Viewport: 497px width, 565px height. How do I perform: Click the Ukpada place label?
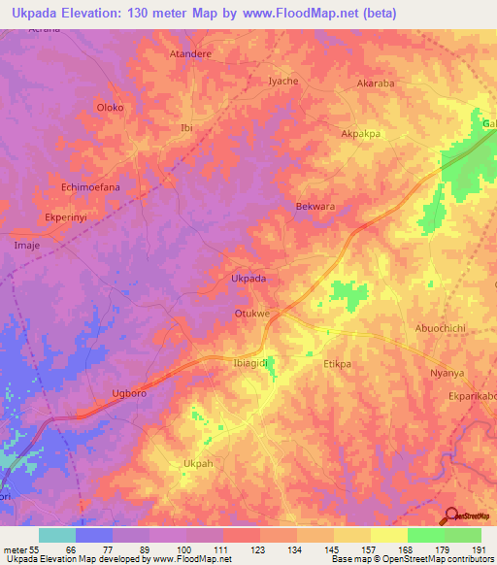tap(248, 278)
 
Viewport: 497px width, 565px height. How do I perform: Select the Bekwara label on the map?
tap(315, 207)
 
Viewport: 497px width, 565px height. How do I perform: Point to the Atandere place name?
tap(190, 54)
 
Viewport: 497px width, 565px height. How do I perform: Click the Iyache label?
tap(282, 82)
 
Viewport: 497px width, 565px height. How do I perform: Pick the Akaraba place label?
tap(376, 83)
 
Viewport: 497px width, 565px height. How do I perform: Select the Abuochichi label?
tap(441, 328)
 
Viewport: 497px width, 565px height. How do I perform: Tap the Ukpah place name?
tap(198, 464)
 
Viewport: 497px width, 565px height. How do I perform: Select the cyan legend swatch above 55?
tap(56, 535)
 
